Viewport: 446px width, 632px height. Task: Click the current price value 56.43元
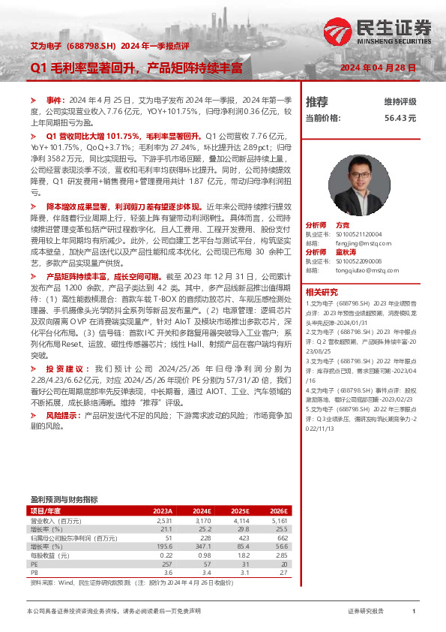coord(400,118)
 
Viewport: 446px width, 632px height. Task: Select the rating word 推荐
coord(317,101)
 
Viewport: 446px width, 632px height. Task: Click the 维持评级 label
coord(400,101)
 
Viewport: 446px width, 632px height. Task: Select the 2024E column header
coord(202,511)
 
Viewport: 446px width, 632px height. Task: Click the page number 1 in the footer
coord(414,612)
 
